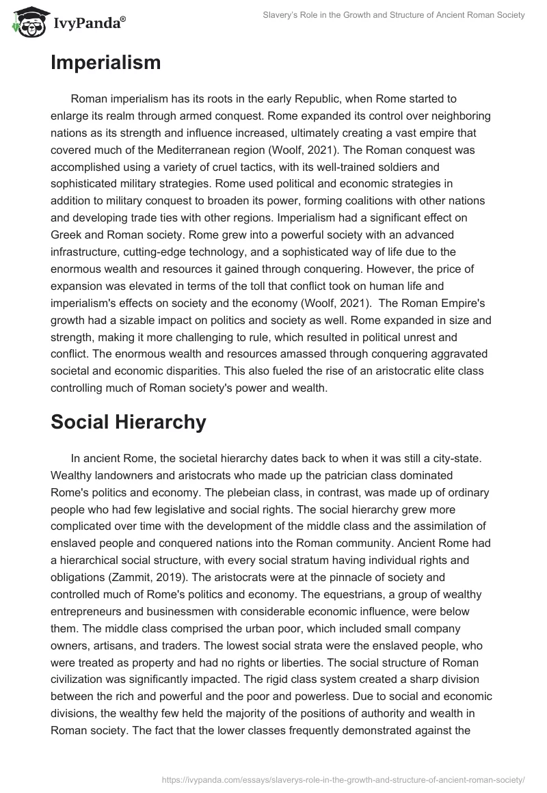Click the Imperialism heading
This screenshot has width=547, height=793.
(106, 64)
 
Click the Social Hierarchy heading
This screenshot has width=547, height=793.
(128, 422)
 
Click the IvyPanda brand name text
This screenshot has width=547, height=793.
(89, 23)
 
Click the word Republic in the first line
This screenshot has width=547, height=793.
(344, 100)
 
